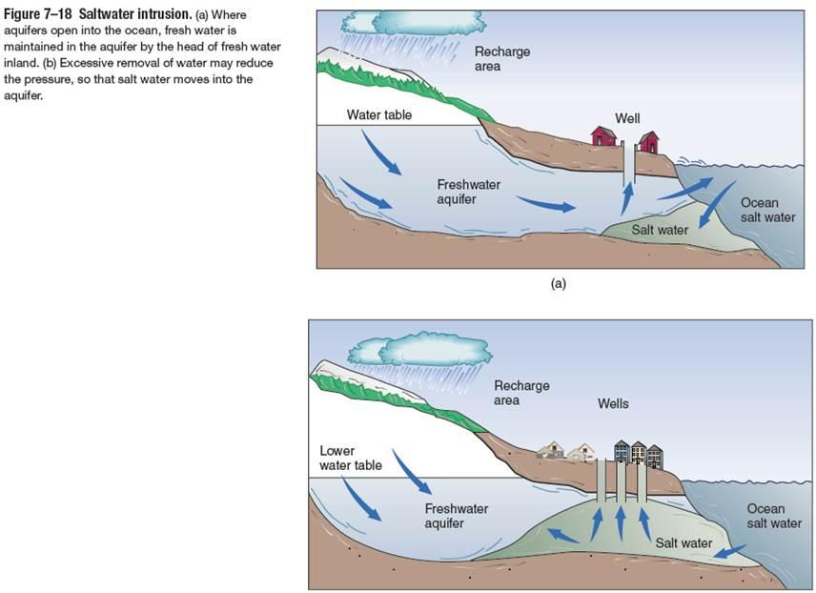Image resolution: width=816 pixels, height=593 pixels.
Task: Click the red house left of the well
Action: (x=602, y=136)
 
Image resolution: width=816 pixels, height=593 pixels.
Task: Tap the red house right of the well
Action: (x=648, y=142)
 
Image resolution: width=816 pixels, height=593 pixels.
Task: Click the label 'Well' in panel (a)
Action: (x=627, y=118)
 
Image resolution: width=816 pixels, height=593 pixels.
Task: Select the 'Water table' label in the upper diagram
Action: (x=377, y=115)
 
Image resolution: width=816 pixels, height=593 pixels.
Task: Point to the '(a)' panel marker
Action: (x=559, y=283)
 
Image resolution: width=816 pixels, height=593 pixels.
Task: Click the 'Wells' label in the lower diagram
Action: (x=613, y=403)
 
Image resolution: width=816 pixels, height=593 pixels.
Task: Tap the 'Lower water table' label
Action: (x=351, y=458)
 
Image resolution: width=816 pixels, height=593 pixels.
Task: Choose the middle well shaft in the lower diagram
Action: (x=622, y=482)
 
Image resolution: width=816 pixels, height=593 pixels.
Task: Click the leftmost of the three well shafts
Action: (x=602, y=482)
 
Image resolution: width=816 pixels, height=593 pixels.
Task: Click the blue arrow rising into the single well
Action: (x=626, y=201)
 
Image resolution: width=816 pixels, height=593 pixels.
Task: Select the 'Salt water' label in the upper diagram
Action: (x=660, y=230)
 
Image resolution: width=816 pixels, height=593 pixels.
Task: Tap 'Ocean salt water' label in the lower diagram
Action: (x=773, y=516)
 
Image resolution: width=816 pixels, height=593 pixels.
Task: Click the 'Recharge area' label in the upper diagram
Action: (x=501, y=59)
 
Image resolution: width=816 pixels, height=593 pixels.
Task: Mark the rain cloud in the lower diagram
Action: (x=421, y=349)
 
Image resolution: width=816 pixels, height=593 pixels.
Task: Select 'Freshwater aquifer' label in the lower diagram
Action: (x=456, y=516)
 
